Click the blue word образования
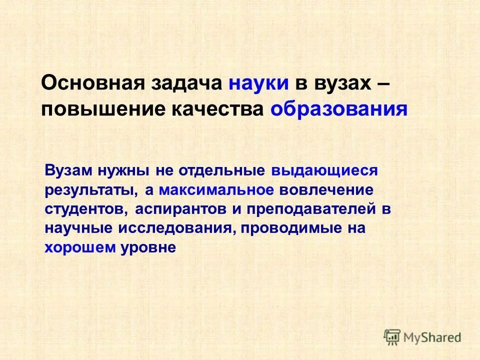point(339,109)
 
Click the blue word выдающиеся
point(324,170)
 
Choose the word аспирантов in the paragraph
point(180,209)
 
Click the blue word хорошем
point(80,247)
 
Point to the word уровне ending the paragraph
point(148,247)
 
